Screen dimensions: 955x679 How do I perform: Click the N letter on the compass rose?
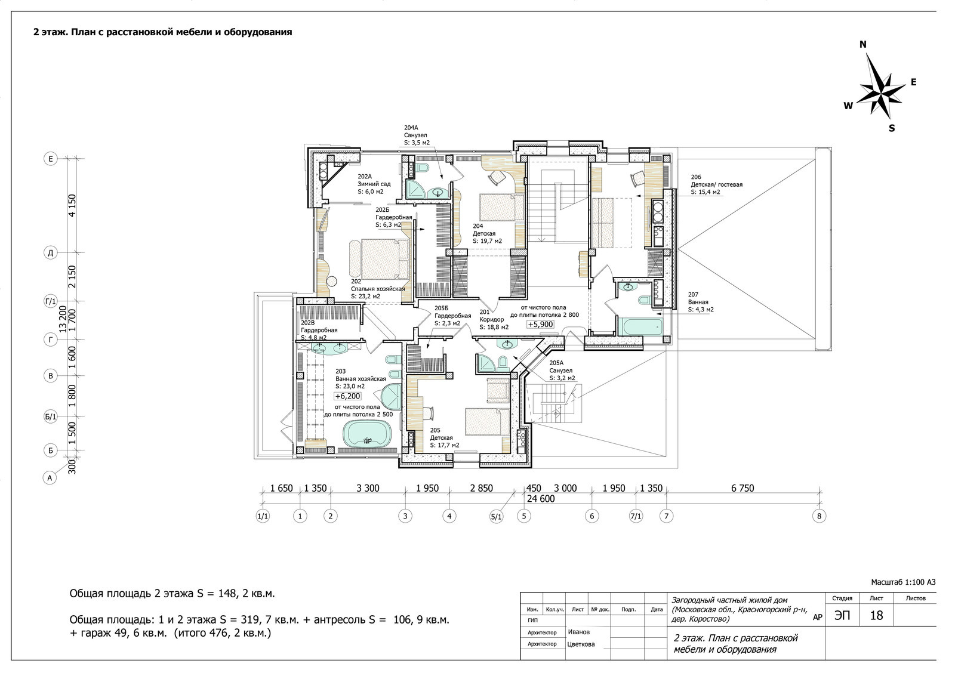[863, 44]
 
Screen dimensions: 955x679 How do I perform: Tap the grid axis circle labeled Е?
[51, 159]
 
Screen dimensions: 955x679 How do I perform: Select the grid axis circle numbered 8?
[819, 516]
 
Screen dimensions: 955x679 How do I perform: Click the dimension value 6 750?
[743, 489]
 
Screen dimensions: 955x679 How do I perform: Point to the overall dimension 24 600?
[541, 499]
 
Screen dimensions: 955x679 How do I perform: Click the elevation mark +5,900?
[541, 325]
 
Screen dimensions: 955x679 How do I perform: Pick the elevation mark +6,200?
[348, 396]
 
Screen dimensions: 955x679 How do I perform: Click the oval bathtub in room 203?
[367, 434]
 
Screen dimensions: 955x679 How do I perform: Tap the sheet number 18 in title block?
[876, 616]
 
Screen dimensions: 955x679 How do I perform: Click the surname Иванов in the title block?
[578, 632]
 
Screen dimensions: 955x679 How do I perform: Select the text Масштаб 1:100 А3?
[903, 582]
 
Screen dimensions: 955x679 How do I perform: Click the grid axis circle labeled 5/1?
[497, 517]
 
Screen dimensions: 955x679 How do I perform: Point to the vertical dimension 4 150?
[72, 205]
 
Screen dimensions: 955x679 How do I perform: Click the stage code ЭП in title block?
[842, 616]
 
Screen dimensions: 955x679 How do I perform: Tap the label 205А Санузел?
[562, 371]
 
